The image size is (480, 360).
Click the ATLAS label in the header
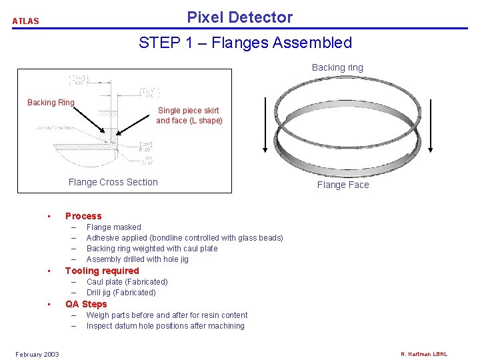tap(26, 21)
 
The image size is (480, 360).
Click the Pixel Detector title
tap(239, 17)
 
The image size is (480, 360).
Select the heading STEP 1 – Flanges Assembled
tap(245, 43)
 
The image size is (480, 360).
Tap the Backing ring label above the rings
tap(337, 67)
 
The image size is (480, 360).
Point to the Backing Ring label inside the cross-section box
tap(51, 103)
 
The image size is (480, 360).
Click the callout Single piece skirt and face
tap(189, 115)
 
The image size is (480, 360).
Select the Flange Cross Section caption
tap(113, 182)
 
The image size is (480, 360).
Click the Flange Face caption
tap(343, 185)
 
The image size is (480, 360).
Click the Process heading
tap(83, 216)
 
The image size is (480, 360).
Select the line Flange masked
tap(113, 227)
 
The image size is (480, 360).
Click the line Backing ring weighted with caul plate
tap(152, 249)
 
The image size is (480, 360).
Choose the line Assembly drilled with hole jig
tap(137, 259)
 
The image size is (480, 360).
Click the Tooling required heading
tap(102, 271)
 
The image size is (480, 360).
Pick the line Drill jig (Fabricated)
tap(121, 293)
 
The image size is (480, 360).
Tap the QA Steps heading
tap(86, 304)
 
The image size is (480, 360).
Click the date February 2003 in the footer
tap(37, 354)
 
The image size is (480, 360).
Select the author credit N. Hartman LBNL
tap(424, 354)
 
